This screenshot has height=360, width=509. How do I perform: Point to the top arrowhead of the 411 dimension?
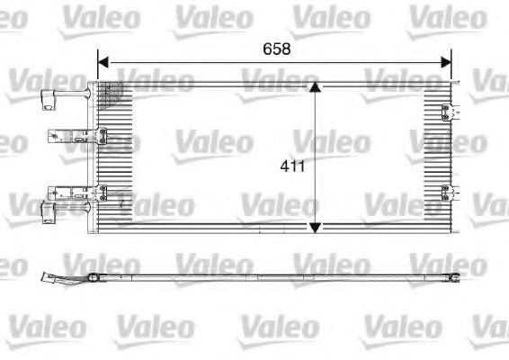click(x=314, y=88)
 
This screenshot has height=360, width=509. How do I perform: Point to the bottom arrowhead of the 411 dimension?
click(x=314, y=226)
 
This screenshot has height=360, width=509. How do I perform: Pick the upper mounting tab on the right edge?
click(x=447, y=112)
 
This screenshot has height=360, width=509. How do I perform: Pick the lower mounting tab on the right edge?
click(x=447, y=190)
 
